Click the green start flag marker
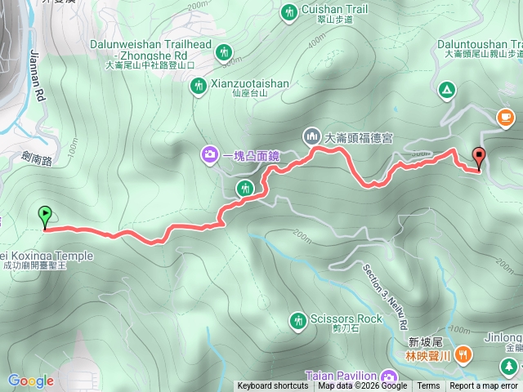(44, 216)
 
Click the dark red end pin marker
(478, 157)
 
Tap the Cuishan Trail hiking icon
(289, 12)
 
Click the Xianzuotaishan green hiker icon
(198, 85)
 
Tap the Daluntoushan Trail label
(475, 42)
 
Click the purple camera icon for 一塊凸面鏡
(210, 154)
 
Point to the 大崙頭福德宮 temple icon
(311, 136)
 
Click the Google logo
(30, 381)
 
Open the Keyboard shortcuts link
(273, 386)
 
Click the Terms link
(428, 386)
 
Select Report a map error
(485, 386)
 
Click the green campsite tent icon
(446, 89)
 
